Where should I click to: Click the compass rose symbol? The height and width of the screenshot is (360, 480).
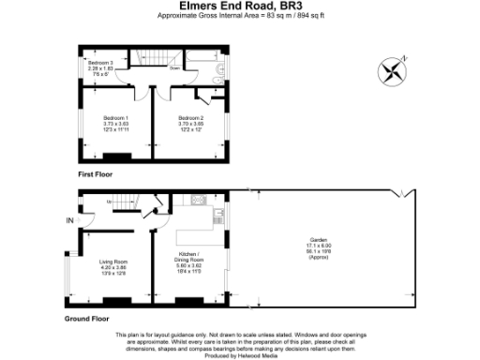(x=391, y=70)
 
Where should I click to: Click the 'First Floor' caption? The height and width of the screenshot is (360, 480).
(x=97, y=175)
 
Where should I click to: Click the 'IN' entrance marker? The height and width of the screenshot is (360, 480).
(x=69, y=220)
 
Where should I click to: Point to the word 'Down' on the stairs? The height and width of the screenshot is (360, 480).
(x=174, y=68)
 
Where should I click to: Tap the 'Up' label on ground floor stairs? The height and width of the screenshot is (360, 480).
(x=110, y=202)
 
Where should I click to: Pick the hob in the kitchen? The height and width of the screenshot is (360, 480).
(x=198, y=200)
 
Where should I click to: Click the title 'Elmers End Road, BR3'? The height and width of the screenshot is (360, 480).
(x=240, y=7)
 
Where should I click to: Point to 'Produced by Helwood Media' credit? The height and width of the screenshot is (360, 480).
(x=240, y=355)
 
